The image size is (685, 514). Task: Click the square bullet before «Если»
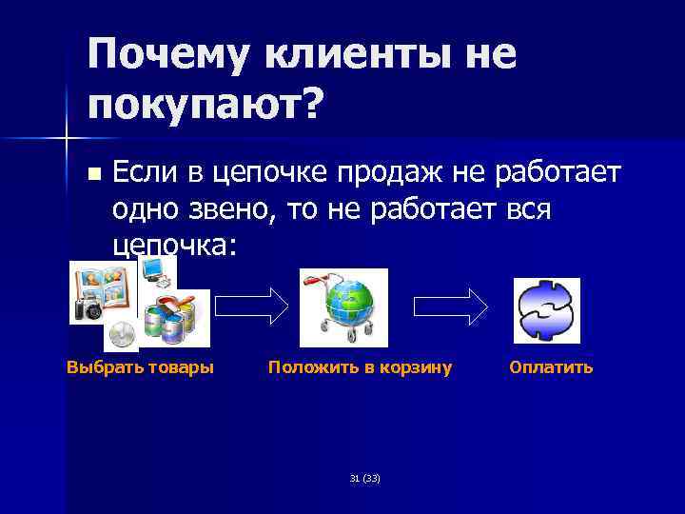tap(92, 174)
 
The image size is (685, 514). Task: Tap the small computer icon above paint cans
tap(156, 271)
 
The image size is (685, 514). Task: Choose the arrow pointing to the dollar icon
tap(451, 306)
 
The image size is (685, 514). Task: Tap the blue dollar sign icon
tap(546, 310)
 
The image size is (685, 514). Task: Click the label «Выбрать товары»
tap(140, 367)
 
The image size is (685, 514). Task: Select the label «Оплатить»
tap(551, 367)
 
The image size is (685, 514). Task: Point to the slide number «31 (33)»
tap(364, 478)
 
